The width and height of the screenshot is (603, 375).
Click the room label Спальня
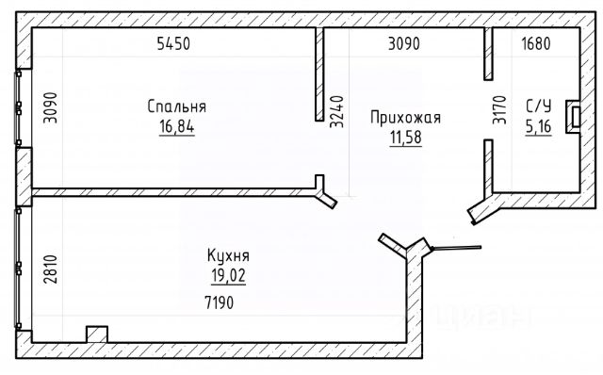click(x=176, y=106)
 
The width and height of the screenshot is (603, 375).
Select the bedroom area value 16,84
click(x=177, y=126)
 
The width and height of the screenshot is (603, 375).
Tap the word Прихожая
click(x=405, y=118)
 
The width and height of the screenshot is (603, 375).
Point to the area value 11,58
click(x=406, y=137)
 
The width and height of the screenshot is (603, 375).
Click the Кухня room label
click(x=228, y=255)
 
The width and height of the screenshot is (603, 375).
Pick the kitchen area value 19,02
click(x=228, y=275)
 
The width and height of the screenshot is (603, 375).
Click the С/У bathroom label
click(x=539, y=106)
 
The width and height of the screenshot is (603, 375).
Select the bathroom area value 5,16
click(x=538, y=126)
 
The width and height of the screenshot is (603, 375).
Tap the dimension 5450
click(x=173, y=43)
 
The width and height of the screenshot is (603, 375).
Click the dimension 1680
click(x=536, y=43)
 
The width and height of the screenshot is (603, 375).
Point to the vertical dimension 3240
click(x=337, y=111)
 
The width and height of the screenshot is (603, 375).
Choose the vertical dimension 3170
click(x=500, y=109)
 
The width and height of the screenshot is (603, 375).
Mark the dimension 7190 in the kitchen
click(x=220, y=303)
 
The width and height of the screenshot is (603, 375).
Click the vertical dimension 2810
click(x=50, y=269)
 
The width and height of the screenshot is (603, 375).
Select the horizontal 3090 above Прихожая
click(x=404, y=43)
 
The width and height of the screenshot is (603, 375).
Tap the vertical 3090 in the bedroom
click(x=50, y=107)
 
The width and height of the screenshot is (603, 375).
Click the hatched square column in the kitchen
click(x=97, y=334)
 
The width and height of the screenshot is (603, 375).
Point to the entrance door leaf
click(x=456, y=248)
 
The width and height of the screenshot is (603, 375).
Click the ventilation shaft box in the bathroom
click(x=573, y=117)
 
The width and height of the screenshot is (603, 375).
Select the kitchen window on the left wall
click(x=18, y=269)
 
